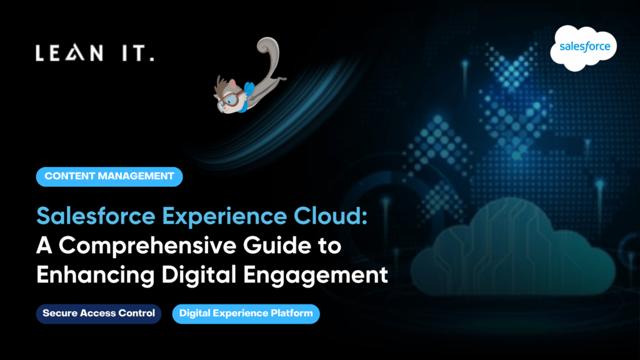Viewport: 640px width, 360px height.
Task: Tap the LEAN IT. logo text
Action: pos(94,54)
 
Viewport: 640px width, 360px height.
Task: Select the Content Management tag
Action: pos(109,177)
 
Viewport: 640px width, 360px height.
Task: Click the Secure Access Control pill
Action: pos(99,314)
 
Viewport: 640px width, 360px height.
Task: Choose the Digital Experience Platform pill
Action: pos(246,314)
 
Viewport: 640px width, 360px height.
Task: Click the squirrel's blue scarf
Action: pos(249,88)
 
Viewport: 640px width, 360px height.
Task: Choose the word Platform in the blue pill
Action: pos(292,314)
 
